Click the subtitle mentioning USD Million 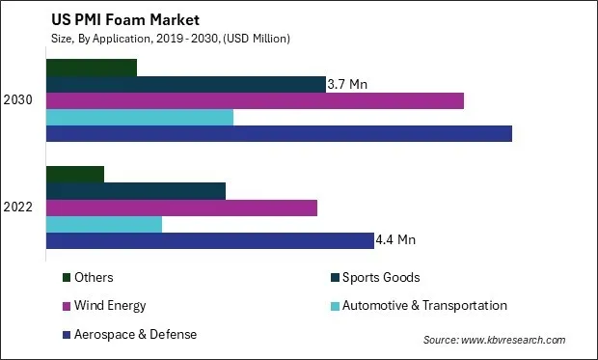point(164,38)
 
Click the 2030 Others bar point(92,68)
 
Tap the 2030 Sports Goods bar point(186,84)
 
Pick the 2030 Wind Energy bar point(255,100)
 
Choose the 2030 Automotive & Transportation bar point(140,117)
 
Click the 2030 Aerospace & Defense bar point(279,133)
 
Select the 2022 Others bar point(75,175)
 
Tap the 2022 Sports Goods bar point(136,191)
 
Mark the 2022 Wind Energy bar point(181,208)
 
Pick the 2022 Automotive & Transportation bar point(104,224)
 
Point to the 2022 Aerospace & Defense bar point(210,240)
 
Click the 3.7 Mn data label point(348,84)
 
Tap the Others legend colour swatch point(67,278)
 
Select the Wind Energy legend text point(111,306)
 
